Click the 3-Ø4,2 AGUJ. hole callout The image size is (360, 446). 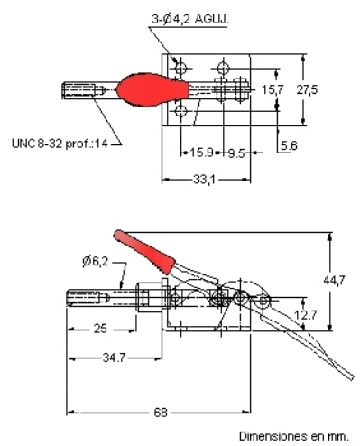coord(190,19)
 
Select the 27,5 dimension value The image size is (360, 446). coord(307,89)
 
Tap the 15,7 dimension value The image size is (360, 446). coord(272,89)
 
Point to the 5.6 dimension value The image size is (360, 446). coord(289,146)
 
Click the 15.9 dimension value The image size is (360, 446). coord(201,153)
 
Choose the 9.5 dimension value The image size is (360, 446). coord(236,153)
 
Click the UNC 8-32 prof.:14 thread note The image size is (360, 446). coord(60,144)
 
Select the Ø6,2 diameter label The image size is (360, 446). coord(95,261)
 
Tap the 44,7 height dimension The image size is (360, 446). coord(334,281)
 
